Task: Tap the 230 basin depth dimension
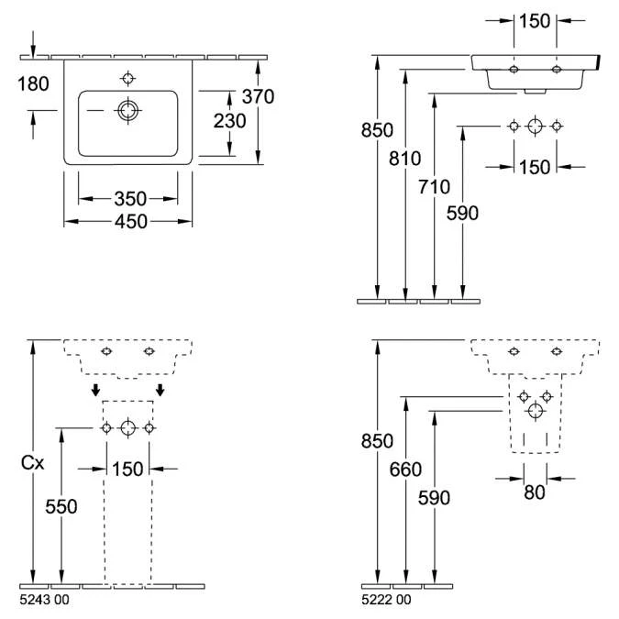(229, 122)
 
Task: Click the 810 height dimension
(405, 158)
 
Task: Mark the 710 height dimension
(433, 187)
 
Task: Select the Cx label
(33, 463)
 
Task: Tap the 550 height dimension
(62, 507)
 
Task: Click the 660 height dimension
(405, 470)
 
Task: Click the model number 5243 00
(43, 600)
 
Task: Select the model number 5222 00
(387, 600)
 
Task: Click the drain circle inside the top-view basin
(127, 111)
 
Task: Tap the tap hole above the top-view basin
(127, 77)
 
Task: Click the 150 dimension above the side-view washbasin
(535, 20)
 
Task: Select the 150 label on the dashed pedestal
(127, 469)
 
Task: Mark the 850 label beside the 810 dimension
(376, 130)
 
